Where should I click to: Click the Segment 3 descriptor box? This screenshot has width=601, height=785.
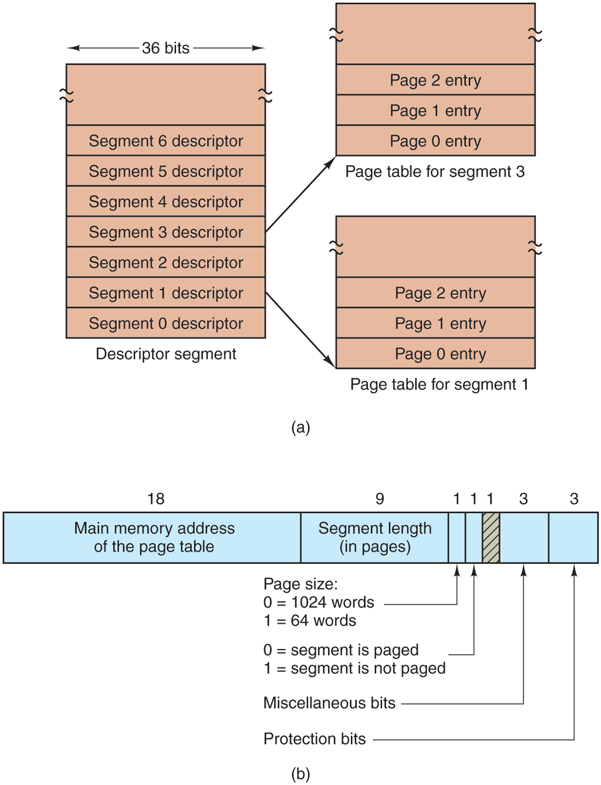pos(166,232)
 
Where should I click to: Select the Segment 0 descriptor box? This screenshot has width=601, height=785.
pos(166,323)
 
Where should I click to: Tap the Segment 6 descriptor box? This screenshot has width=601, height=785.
pos(166,141)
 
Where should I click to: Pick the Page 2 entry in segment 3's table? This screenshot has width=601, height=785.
pos(435,80)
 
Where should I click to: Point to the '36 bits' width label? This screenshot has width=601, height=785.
pos(166,48)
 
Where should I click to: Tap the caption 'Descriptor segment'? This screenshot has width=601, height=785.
pos(166,354)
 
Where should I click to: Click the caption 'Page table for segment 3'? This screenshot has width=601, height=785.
pos(435,172)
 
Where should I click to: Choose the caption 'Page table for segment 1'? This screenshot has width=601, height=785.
pos(439,385)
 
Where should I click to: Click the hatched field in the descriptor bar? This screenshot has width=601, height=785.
pos(491,538)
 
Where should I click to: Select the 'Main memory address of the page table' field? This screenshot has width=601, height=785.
pos(154,538)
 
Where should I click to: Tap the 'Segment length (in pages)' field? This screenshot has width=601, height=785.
pos(374,538)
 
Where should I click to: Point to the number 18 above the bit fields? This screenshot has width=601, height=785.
pos(156,499)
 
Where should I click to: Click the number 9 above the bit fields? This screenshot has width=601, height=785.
pos(380,499)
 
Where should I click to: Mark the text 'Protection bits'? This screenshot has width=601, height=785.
pos(315,739)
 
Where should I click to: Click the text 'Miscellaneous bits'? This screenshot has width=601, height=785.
pos(329,703)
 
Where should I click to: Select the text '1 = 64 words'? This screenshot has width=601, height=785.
pos(310,620)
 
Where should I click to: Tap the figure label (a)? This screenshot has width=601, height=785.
pos(300,427)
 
